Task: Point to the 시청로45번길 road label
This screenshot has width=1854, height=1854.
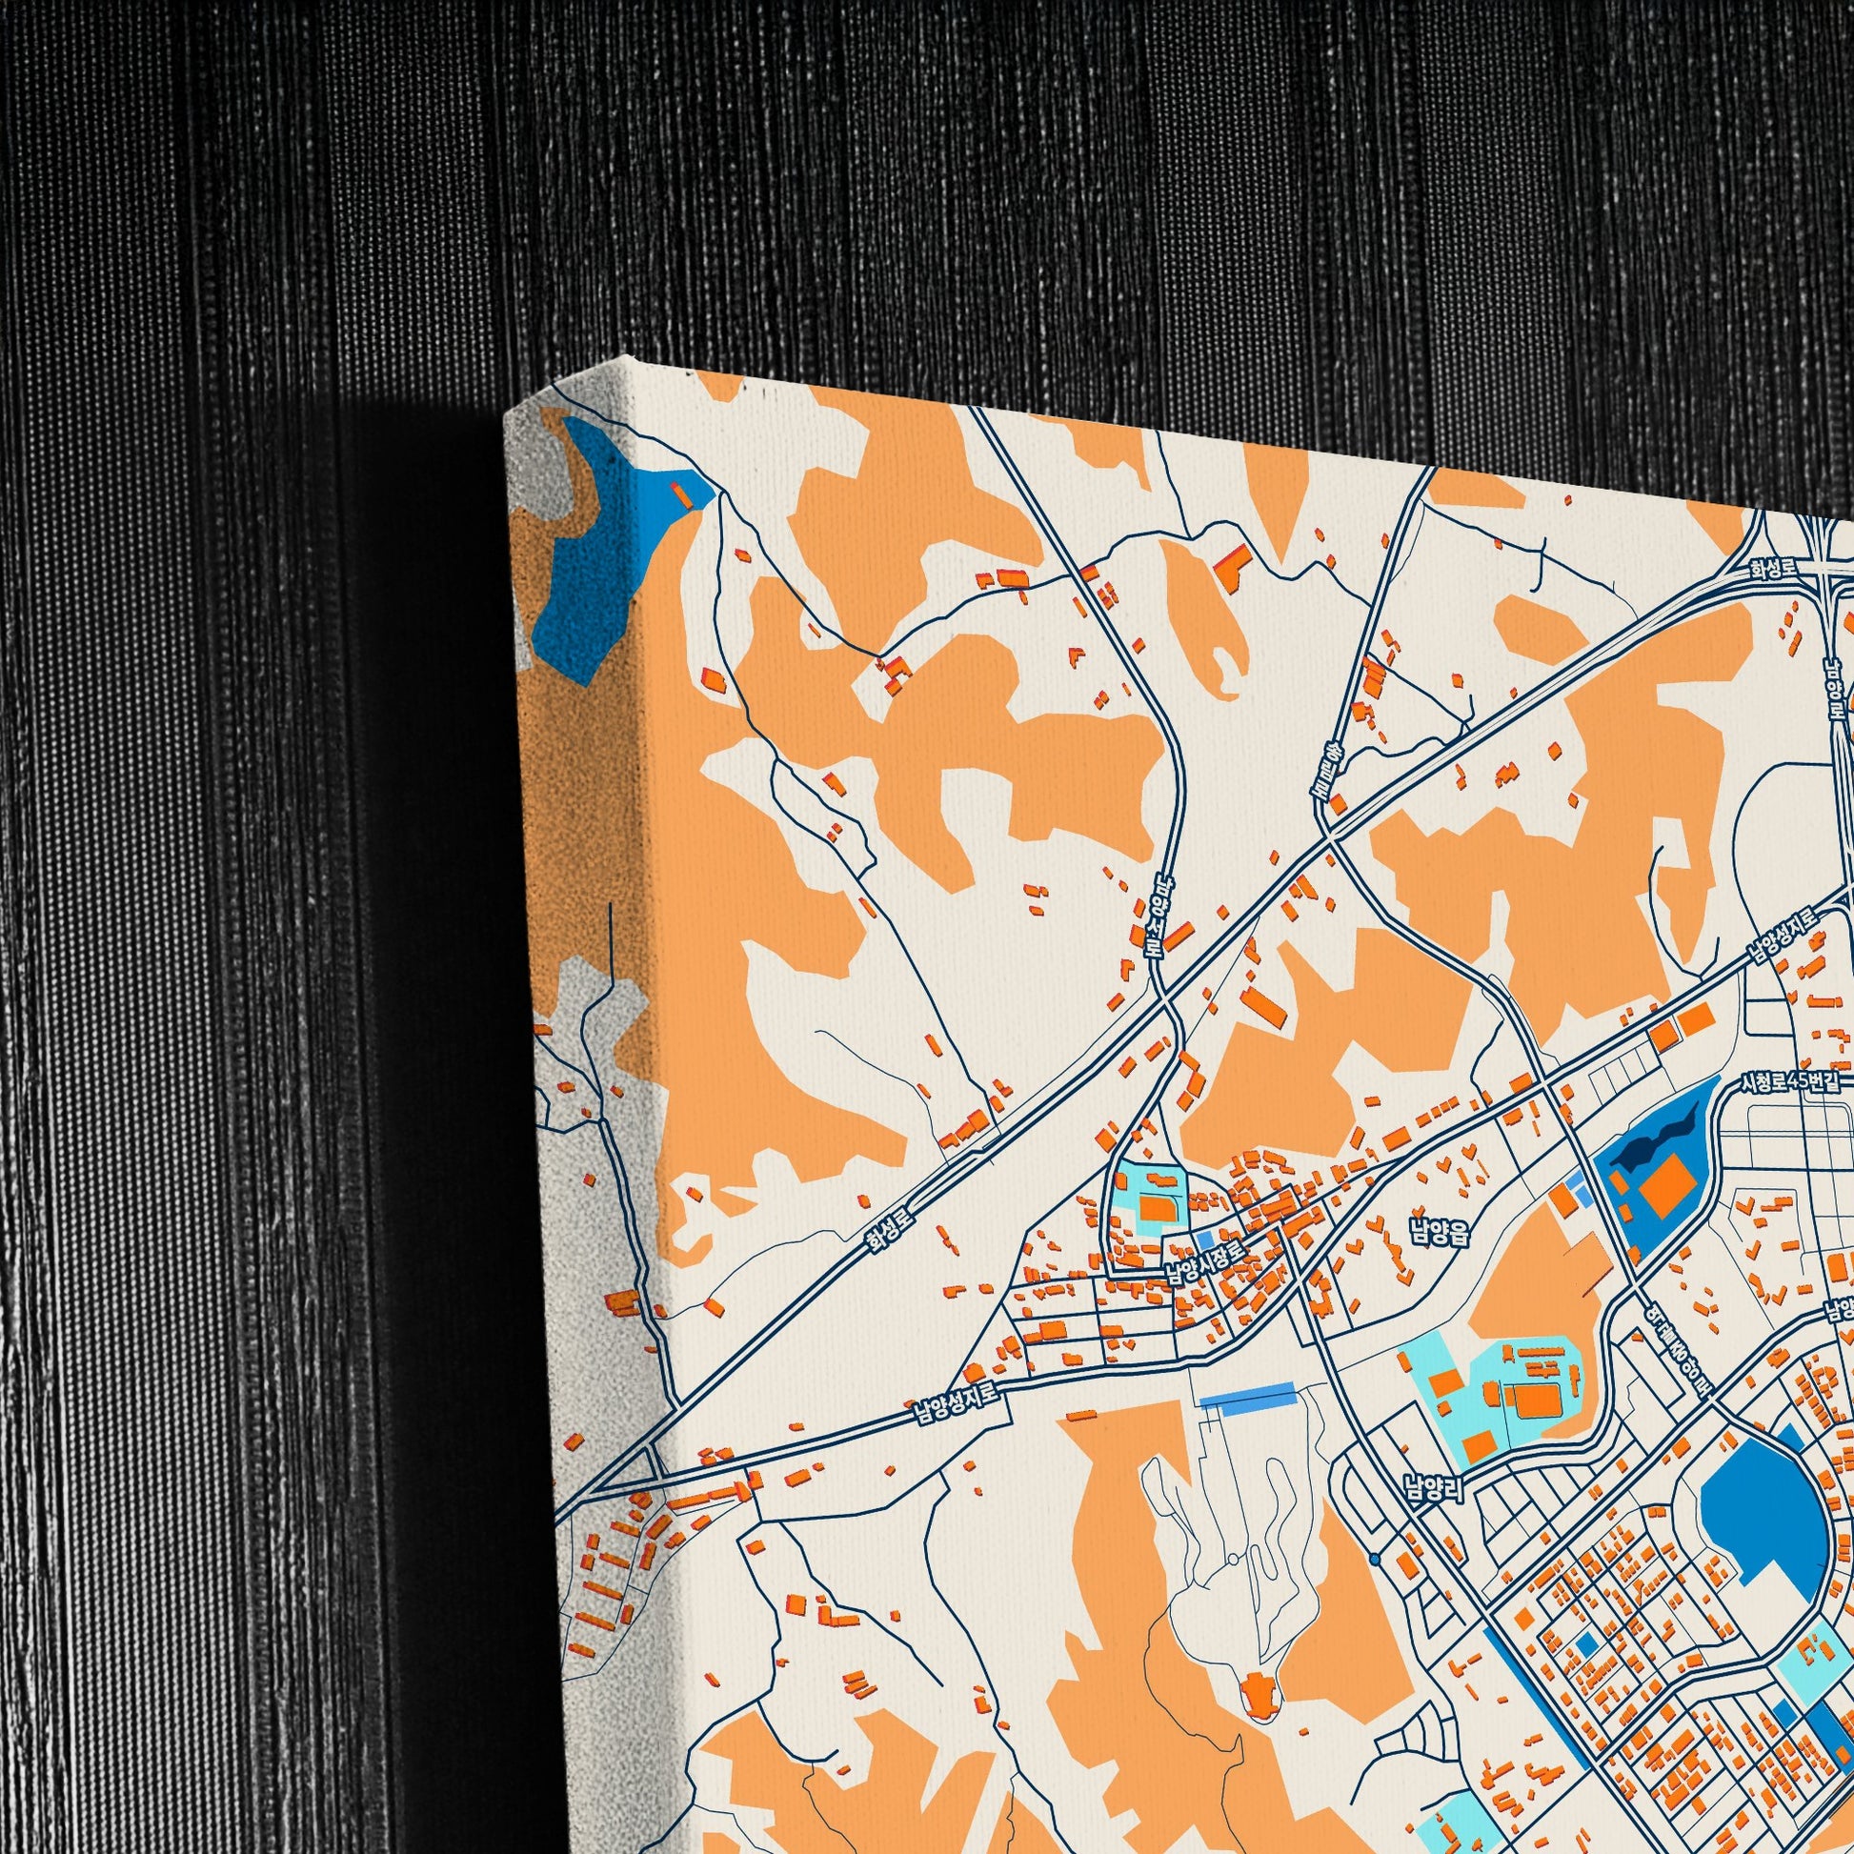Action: coord(1793,1082)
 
